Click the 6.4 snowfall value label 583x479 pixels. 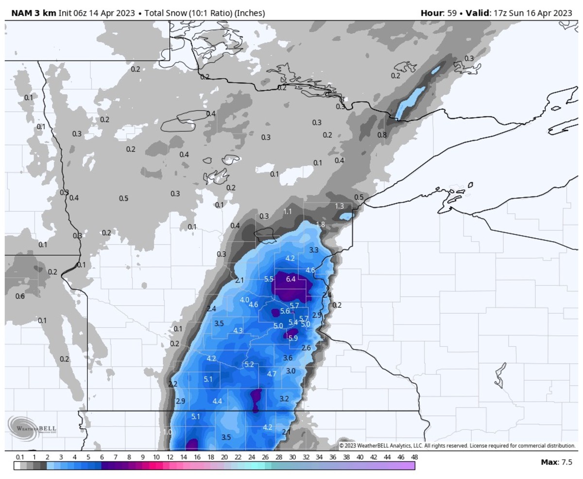point(291,279)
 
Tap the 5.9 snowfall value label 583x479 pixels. point(293,338)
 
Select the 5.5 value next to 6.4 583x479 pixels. point(269,279)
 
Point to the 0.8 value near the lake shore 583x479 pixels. point(382,135)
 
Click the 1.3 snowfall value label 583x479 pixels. point(340,206)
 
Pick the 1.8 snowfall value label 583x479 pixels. point(320,224)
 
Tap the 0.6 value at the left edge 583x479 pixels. point(20,296)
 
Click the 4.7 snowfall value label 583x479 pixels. point(272,373)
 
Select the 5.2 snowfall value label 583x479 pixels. point(249,364)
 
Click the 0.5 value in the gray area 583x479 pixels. point(123,198)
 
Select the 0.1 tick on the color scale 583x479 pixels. point(20,457)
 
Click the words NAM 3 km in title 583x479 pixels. point(30,13)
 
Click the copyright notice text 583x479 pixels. point(457,445)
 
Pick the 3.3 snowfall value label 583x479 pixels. point(314,250)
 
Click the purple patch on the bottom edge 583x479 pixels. point(192,444)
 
